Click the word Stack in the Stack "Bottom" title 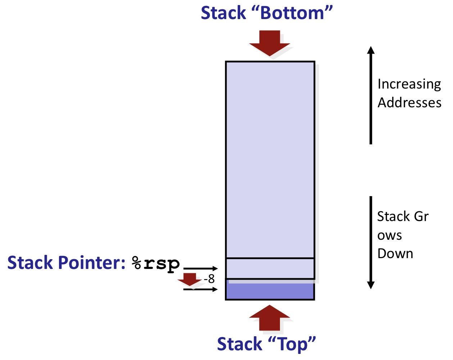(x=223, y=13)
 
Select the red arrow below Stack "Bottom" (x=269, y=42)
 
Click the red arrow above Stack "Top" (x=269, y=318)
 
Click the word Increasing (x=409, y=84)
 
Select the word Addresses (x=409, y=103)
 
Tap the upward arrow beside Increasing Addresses (x=371, y=95)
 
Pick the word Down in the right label (x=395, y=254)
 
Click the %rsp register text (x=156, y=264)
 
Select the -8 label (x=209, y=279)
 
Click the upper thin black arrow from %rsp (x=200, y=269)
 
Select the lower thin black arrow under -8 (x=200, y=289)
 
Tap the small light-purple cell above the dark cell (x=270, y=268)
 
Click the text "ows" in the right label (x=389, y=236)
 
